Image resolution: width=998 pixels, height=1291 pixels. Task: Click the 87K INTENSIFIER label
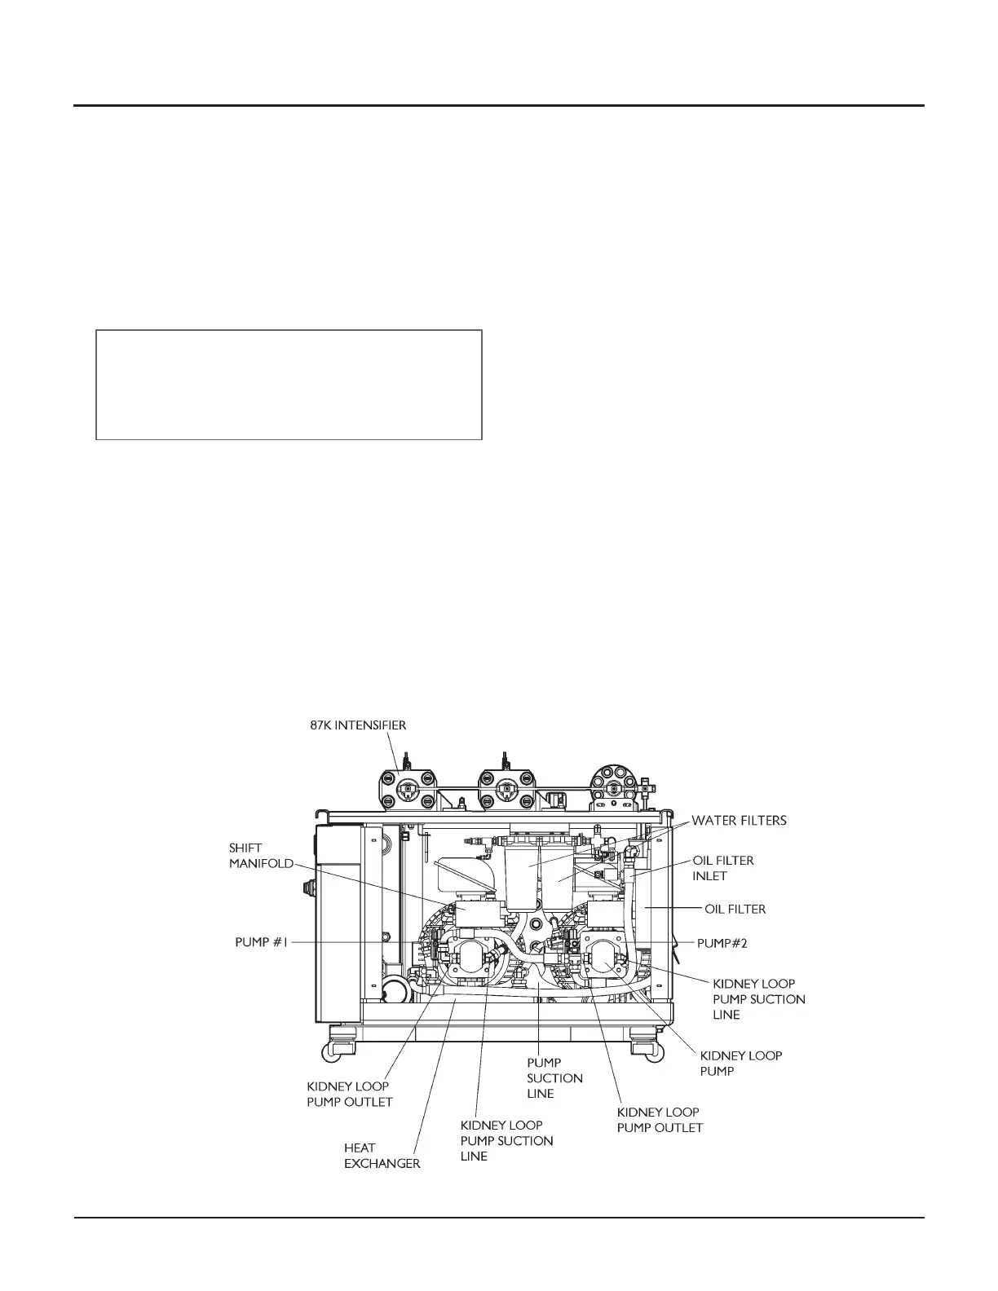358,725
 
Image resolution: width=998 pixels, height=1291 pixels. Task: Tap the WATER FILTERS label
739,821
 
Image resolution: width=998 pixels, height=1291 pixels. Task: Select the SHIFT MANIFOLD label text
261,856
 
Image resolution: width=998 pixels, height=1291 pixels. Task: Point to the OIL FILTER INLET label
723,868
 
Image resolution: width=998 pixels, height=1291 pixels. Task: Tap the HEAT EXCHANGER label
382,1156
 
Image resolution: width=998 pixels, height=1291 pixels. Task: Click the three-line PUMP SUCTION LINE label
554,1078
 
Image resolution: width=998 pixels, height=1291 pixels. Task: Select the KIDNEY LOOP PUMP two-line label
740,1063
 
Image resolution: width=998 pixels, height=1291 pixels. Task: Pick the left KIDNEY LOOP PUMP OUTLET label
349,1094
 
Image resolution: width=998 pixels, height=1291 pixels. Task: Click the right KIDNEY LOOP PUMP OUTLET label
660,1120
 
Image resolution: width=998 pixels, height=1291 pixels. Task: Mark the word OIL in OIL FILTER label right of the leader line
715,908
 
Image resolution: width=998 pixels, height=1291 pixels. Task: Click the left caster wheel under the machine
340,1046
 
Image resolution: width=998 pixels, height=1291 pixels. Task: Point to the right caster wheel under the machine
643,1046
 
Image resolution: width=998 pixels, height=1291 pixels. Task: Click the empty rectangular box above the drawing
289,385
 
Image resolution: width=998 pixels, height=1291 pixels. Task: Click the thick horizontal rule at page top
499,106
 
